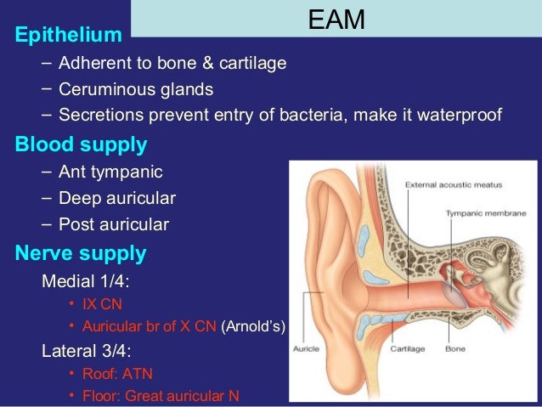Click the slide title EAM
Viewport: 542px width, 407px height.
click(336, 20)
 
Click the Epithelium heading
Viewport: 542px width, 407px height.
click(68, 36)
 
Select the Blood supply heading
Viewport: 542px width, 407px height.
click(81, 144)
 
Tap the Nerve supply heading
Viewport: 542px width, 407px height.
click(81, 253)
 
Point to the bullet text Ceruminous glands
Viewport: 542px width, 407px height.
click(136, 89)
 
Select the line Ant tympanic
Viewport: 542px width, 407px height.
click(110, 172)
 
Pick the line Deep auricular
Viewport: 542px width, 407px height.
click(117, 199)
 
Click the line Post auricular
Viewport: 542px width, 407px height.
click(114, 225)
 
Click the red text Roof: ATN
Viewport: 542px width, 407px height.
click(118, 373)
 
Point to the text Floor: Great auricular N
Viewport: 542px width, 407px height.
click(161, 395)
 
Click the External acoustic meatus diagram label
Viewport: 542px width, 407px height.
click(453, 184)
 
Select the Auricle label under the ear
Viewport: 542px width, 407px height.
click(305, 348)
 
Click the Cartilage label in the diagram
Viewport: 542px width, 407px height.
click(407, 348)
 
